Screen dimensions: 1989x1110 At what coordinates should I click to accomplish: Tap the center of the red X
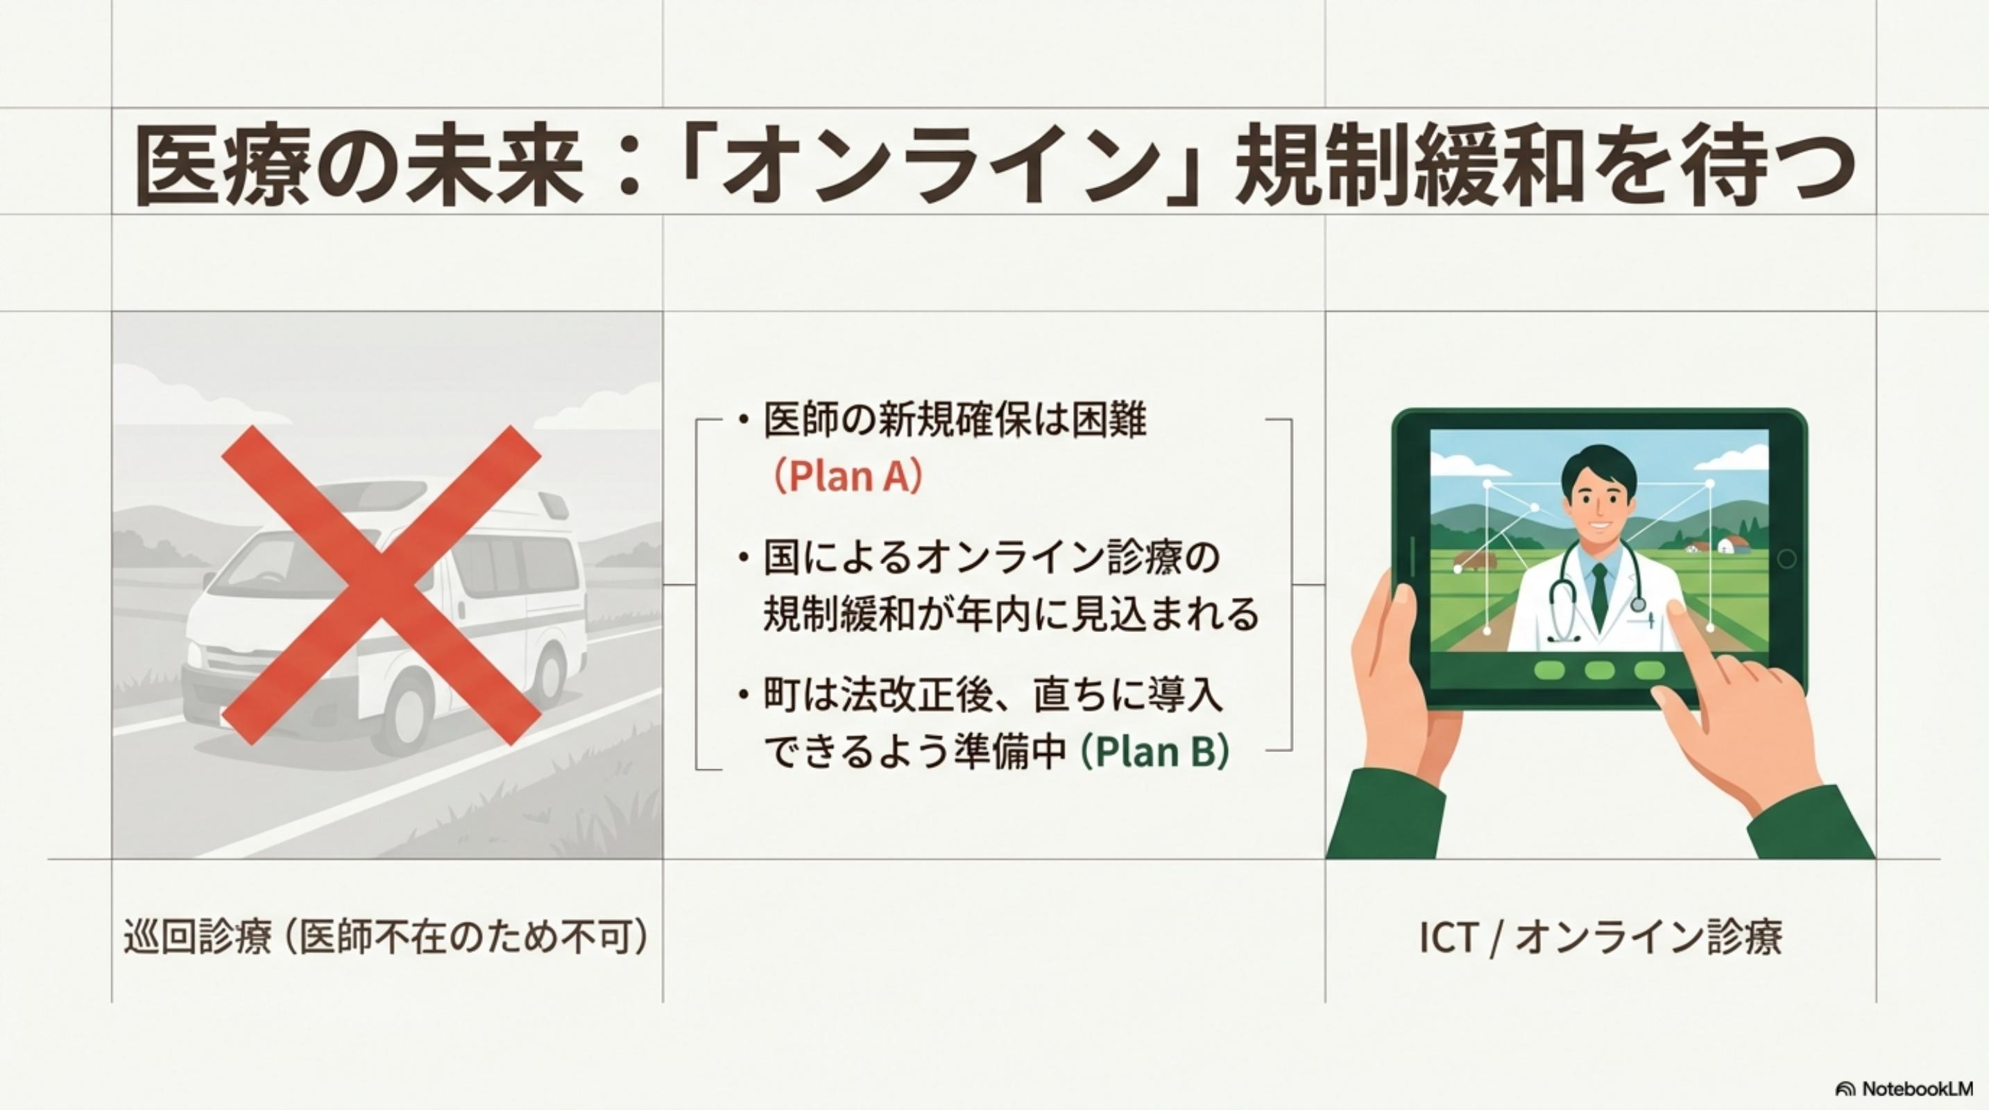381,585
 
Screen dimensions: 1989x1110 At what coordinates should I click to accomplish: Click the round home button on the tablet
1786,559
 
